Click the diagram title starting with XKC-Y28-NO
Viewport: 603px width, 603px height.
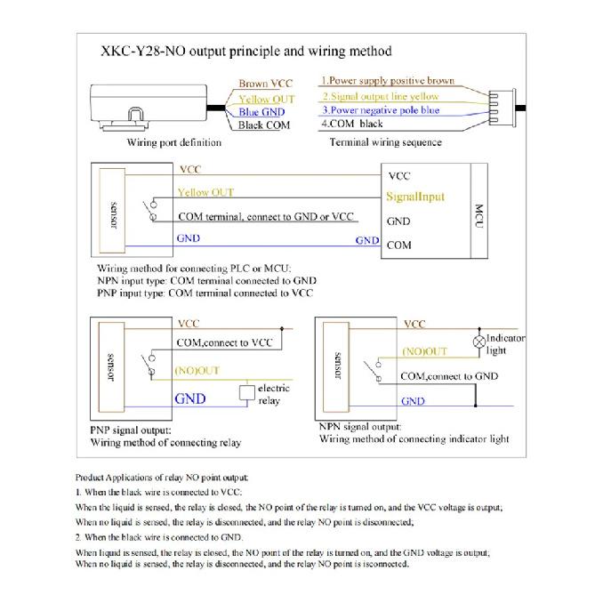point(246,52)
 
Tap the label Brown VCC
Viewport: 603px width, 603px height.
point(265,83)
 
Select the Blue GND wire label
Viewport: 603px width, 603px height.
point(261,112)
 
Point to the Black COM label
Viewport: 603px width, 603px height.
point(264,125)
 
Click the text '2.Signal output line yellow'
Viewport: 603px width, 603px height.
point(381,96)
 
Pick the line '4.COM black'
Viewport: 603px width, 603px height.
point(352,124)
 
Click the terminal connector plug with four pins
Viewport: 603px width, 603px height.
point(502,108)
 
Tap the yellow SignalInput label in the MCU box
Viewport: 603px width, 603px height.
point(415,197)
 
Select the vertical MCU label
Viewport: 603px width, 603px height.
point(478,216)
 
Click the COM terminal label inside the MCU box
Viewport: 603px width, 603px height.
point(398,245)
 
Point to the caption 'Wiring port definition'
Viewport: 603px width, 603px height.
point(174,142)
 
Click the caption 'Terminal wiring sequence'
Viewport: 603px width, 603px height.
point(386,142)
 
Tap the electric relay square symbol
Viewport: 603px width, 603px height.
point(247,392)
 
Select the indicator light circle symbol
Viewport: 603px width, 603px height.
point(479,342)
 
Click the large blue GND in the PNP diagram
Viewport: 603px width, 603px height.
point(190,398)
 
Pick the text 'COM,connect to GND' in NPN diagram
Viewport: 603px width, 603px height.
point(449,376)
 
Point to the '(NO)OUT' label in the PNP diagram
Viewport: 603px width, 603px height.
point(197,370)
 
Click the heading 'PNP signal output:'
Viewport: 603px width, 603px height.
point(131,430)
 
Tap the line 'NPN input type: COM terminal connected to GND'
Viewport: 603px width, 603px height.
point(207,281)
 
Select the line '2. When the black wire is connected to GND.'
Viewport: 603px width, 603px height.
point(159,537)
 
